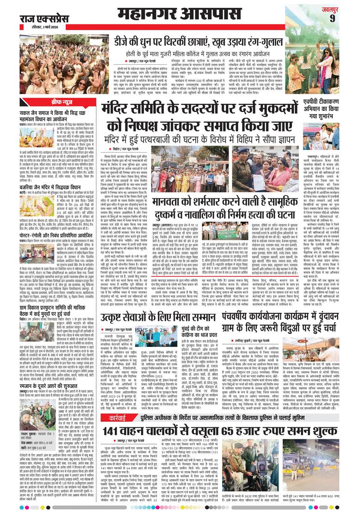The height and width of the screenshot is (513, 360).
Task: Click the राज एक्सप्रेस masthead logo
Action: (43, 19)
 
